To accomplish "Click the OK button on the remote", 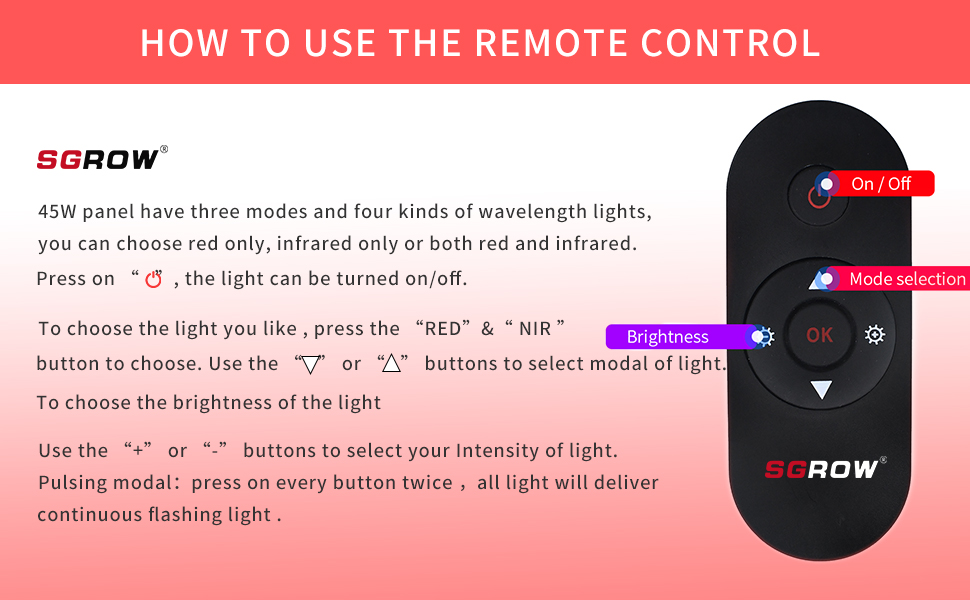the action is point(819,335).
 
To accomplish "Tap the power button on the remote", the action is point(818,195).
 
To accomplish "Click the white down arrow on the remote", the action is point(821,389).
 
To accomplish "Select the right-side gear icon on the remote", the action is point(875,335).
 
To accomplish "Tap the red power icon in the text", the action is point(153,280).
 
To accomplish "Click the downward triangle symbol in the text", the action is point(310,364).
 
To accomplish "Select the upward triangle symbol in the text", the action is point(391,363).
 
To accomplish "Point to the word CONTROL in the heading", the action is point(730,43).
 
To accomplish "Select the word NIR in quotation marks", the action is point(535,328).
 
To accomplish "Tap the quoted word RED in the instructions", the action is point(443,328).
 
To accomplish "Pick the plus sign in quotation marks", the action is point(138,451).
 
